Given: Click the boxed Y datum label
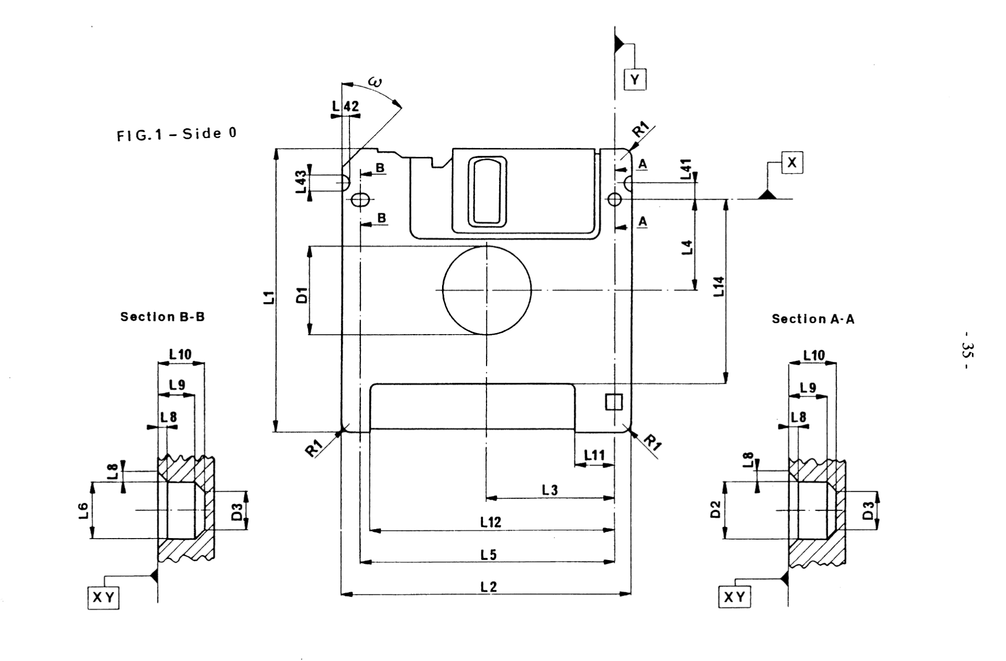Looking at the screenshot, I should [635, 79].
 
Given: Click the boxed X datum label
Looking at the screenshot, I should [792, 163].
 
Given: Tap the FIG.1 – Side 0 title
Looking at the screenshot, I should [176, 134].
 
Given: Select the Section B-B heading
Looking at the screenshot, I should [163, 317].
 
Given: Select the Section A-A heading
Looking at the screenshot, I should [813, 319].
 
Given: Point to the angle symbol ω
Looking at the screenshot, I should [375, 82].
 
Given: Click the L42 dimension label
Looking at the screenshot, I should [346, 106].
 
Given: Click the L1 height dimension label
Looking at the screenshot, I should [268, 298].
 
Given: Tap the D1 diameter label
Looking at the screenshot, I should [301, 295].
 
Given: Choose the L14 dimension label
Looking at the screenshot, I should [719, 287].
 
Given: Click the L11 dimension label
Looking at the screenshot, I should [594, 455].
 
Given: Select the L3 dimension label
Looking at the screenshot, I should [550, 490].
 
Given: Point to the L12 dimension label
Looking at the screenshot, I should [490, 521].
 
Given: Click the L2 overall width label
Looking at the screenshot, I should [488, 587].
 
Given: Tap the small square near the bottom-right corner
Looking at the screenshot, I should [614, 402].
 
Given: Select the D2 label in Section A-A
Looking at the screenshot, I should [715, 509].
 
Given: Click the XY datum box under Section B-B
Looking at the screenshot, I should [104, 598].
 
